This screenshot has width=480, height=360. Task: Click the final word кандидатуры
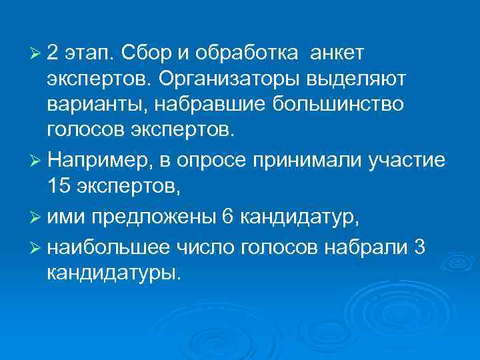[113, 273]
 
